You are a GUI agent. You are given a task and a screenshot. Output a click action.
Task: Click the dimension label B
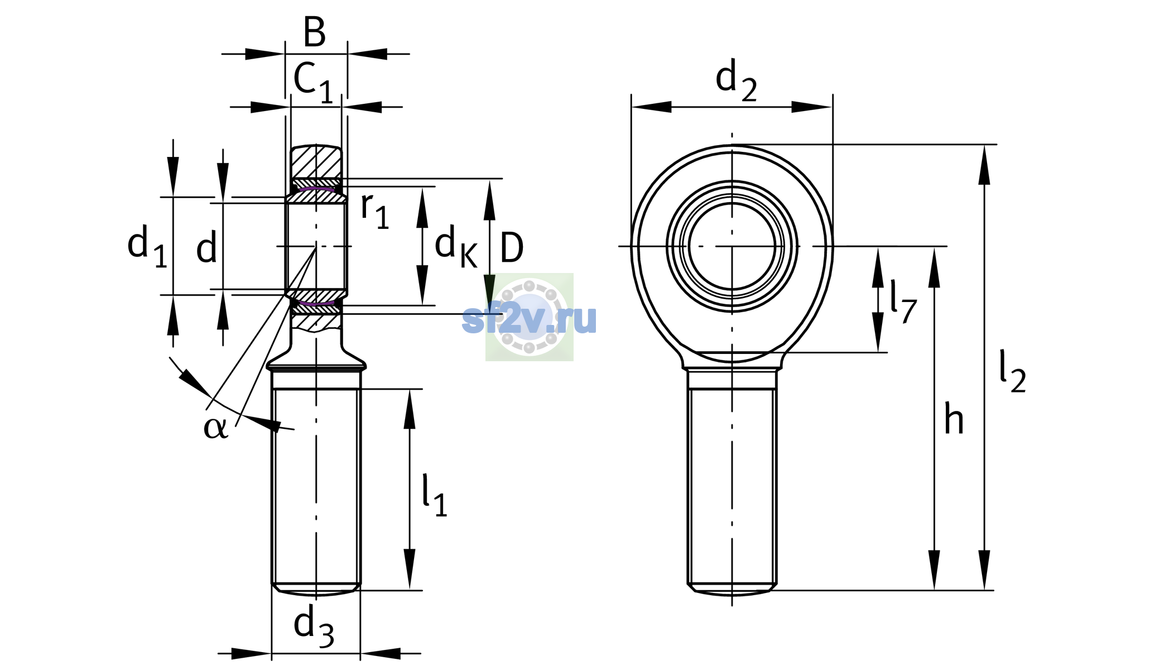coord(315,32)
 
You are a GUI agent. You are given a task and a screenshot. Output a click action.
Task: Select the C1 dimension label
coord(313,83)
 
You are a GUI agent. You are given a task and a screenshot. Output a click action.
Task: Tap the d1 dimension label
coord(147,246)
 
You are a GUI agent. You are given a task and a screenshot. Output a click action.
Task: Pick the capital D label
coord(512,247)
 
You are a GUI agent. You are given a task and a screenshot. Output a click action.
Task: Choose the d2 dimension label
coord(736,80)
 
